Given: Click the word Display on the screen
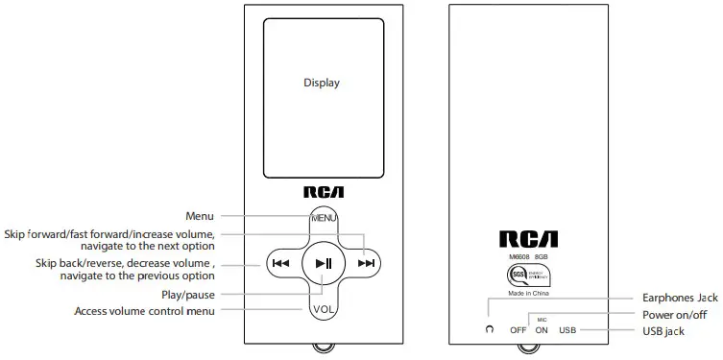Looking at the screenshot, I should pos(322,83).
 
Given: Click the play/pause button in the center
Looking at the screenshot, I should pos(323,263).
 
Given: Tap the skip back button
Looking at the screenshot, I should pos(280,263).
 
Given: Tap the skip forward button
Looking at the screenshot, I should pos(366,263).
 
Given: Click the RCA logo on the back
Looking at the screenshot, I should pos(527,239).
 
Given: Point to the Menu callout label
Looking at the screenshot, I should pos(199,216).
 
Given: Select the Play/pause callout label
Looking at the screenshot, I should pos(188,295).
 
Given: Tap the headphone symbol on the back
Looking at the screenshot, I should pos(490,329).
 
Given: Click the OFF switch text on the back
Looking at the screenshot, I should pos(518,330).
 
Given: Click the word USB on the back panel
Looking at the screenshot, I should pos(567,330).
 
